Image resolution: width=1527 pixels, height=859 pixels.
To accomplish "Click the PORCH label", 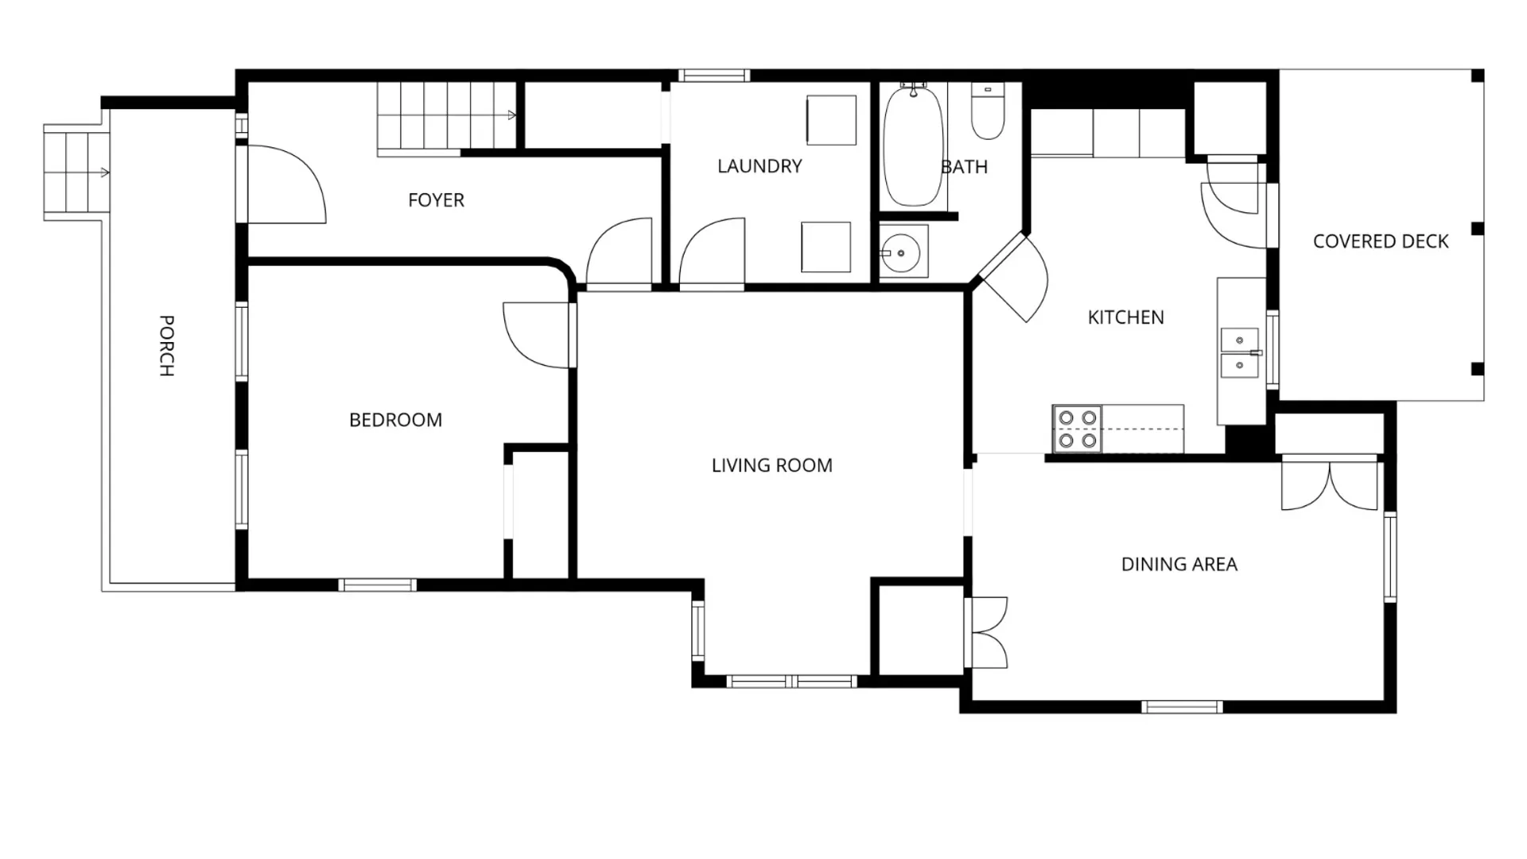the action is [166, 345].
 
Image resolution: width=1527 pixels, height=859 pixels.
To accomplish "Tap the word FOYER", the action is [436, 200].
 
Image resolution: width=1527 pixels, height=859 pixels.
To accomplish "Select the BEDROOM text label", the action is [395, 420].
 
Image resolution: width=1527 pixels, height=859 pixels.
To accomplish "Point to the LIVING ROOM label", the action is [771, 465].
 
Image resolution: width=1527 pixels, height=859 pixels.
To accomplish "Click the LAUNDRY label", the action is [760, 166].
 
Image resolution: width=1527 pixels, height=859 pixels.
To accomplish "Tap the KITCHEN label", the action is [1125, 317].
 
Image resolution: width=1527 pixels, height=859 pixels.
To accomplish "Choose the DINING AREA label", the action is [1179, 565].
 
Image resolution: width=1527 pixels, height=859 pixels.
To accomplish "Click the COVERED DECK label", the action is [1381, 242].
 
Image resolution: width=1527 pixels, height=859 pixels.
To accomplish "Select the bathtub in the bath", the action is [913, 146].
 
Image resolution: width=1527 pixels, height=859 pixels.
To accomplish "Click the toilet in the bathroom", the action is [988, 111].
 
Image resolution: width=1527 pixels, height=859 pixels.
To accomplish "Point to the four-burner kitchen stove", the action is [1078, 429].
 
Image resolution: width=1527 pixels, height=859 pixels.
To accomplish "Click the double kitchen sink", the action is [1240, 352].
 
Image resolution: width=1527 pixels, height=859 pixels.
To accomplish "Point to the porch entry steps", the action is [76, 172].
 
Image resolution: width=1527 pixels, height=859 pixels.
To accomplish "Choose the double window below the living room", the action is [792, 682].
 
